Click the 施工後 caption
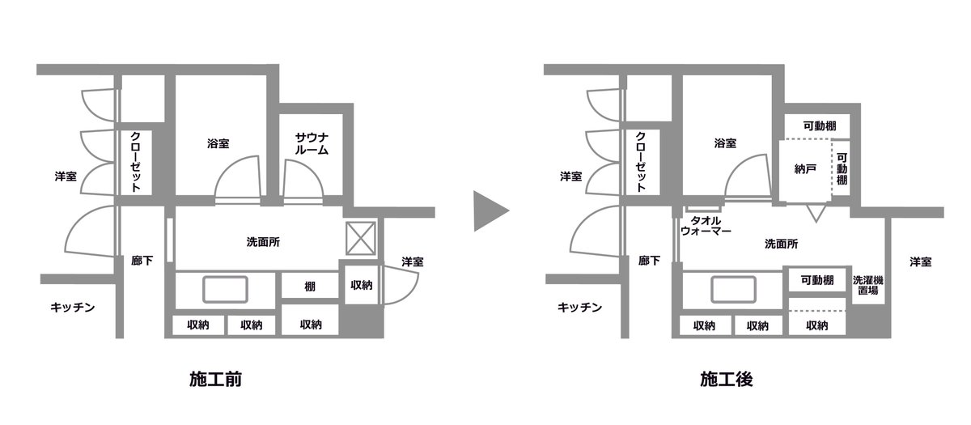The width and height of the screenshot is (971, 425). [727, 379]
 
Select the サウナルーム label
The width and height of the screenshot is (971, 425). [312, 143]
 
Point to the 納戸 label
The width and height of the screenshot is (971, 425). [805, 169]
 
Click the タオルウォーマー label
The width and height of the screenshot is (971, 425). [706, 226]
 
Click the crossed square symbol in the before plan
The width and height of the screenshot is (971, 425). [359, 240]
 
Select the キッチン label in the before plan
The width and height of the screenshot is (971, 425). [73, 307]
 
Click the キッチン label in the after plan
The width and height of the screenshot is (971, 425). [580, 307]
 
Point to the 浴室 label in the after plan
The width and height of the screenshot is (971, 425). [725, 143]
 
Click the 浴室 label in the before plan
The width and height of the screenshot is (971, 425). [217, 143]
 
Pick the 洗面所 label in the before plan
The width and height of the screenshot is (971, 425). [264, 241]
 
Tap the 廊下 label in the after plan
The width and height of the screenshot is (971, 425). [649, 261]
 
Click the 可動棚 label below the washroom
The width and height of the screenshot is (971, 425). [817, 280]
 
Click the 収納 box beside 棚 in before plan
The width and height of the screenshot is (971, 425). [361, 285]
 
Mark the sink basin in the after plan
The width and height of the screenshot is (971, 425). [734, 289]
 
